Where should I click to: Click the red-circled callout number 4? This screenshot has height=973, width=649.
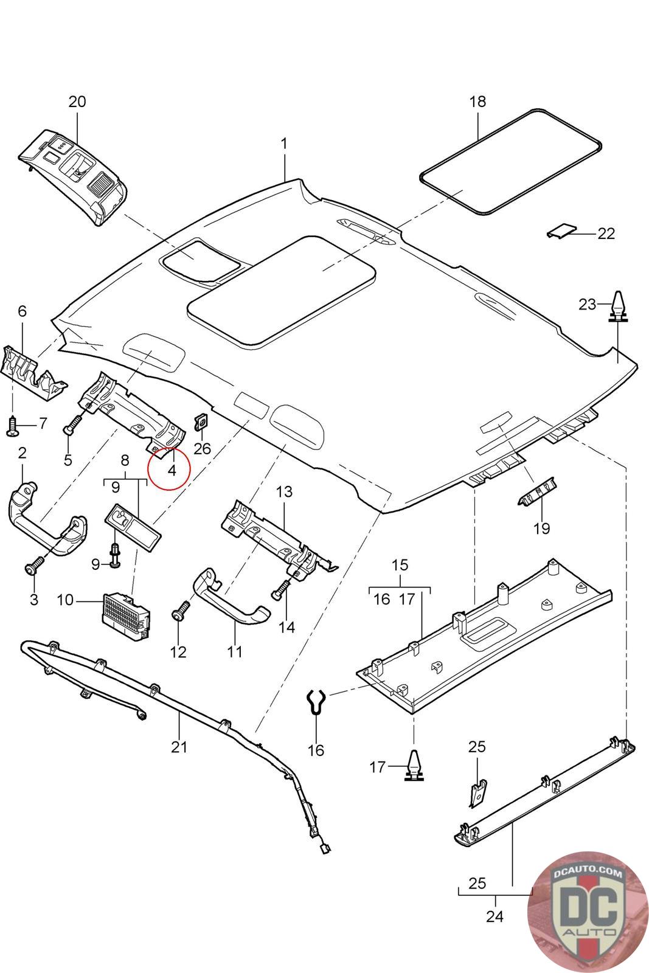[172, 470]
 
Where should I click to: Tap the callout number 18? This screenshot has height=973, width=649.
[478, 102]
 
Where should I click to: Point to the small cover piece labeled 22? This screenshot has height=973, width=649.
[560, 231]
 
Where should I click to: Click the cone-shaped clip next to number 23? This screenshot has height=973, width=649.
[618, 305]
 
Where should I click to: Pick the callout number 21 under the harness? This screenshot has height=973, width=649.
[179, 747]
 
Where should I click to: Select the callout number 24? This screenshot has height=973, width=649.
[495, 916]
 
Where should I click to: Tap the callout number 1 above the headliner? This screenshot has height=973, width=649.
[284, 144]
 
